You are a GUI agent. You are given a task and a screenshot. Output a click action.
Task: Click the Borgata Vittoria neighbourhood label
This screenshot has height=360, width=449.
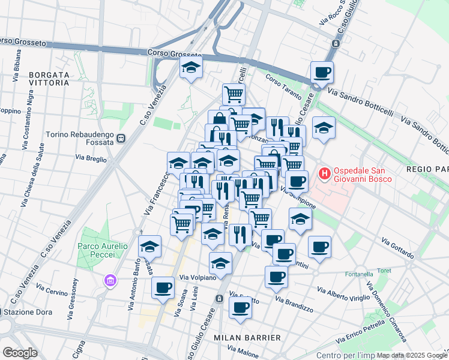point(49,79)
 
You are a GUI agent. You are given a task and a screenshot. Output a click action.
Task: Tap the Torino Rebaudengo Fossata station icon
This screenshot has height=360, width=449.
point(121,138)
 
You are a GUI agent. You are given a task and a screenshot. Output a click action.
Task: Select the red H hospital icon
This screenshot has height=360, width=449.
point(325,175)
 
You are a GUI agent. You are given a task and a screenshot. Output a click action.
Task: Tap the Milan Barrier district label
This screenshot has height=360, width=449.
point(247,338)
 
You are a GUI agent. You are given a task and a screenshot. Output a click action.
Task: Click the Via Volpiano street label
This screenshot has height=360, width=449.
point(198,278)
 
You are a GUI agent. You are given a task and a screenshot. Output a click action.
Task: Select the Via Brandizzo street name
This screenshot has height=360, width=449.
point(295,304)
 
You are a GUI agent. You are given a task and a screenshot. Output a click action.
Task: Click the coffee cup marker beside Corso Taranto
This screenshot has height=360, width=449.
point(322,73)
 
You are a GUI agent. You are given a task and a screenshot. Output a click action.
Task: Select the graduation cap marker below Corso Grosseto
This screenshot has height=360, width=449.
point(191,67)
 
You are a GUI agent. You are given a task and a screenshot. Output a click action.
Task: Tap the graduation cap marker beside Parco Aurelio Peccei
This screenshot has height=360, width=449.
point(149,245)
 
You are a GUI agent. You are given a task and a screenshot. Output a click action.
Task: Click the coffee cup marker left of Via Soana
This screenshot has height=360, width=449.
point(163,287)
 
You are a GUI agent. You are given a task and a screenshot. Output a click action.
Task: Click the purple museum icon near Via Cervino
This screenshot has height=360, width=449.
point(109,280)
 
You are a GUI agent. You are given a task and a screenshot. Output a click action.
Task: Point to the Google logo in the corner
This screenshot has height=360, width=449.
point(20,352)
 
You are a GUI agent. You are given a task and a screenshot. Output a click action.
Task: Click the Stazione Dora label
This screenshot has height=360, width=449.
point(22,312)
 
